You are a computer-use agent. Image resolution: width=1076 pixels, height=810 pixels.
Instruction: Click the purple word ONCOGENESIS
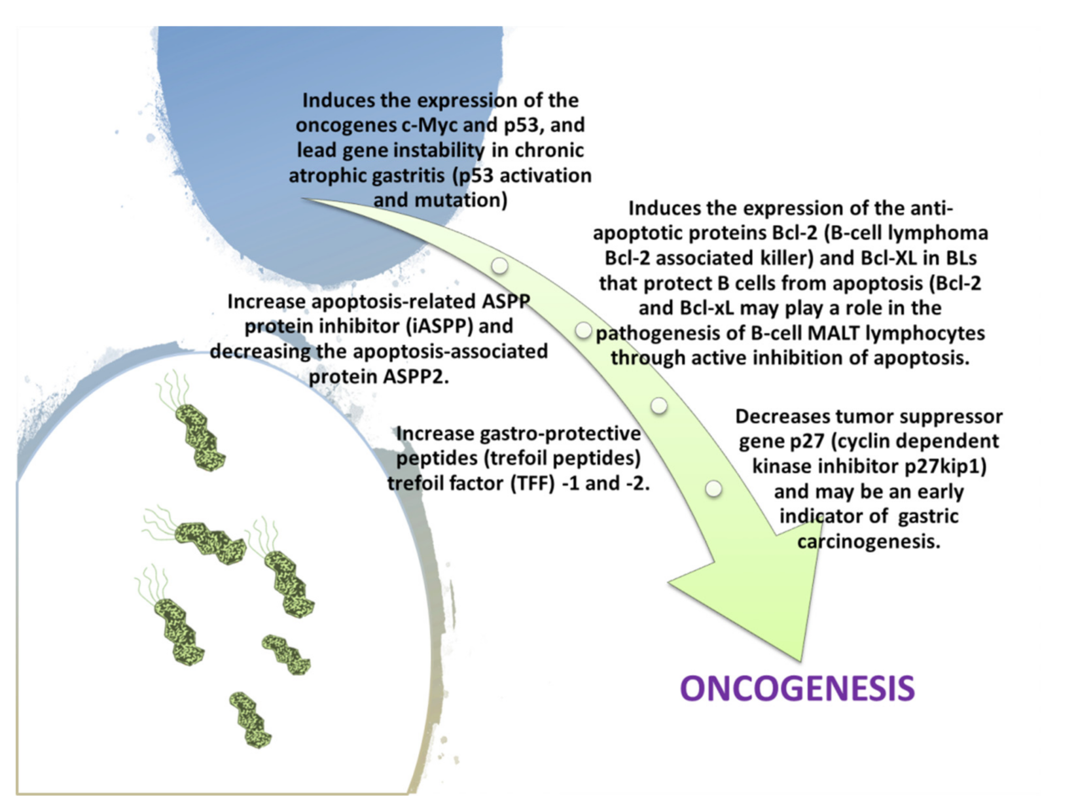tap(797, 688)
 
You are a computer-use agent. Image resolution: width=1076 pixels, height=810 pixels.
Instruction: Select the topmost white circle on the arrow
tap(499, 265)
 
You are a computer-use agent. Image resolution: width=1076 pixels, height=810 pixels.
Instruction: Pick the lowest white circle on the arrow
tap(713, 488)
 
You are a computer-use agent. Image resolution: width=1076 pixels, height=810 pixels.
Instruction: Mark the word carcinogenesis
tap(869, 541)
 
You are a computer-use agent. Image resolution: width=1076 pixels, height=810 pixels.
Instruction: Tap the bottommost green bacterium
tap(251, 720)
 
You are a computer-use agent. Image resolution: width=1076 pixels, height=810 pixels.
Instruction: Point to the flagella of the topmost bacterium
tap(171, 390)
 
